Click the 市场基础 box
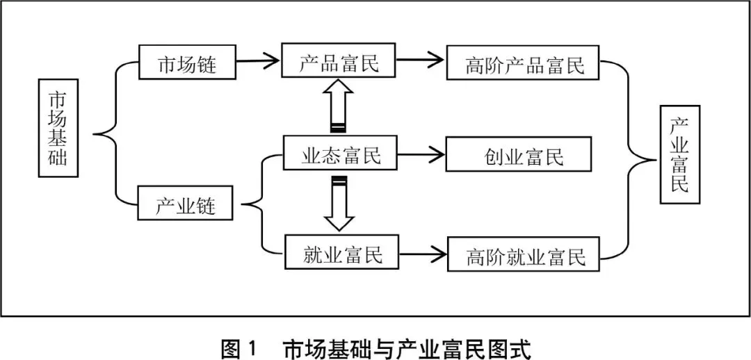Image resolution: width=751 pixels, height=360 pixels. click(x=58, y=128)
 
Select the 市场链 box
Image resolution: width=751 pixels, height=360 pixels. click(x=187, y=65)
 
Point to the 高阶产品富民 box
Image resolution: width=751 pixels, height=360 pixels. click(x=524, y=65)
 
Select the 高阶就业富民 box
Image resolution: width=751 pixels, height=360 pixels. click(x=524, y=256)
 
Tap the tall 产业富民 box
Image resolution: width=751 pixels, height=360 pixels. click(x=679, y=154)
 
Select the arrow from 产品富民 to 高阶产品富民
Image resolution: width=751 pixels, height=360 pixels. click(x=420, y=60)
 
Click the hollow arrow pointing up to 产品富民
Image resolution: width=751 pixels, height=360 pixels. click(x=338, y=104)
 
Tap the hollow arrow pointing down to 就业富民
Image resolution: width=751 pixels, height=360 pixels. click(x=339, y=204)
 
